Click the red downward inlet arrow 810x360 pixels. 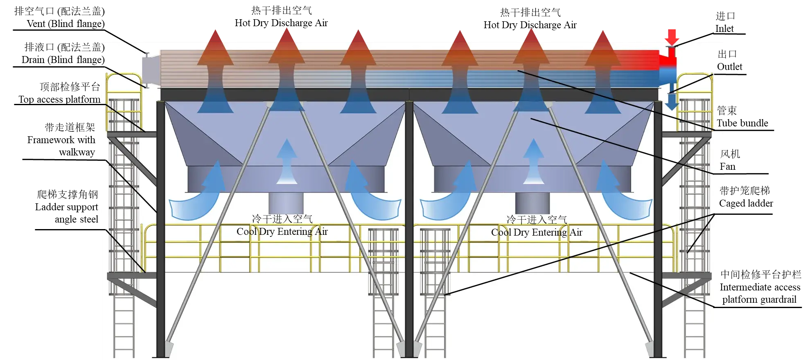(x=672, y=36)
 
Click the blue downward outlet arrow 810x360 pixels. (x=672, y=101)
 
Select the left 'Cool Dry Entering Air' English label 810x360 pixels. (x=282, y=232)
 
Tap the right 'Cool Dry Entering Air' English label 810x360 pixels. (x=537, y=232)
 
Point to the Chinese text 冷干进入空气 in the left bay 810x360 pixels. (x=282, y=219)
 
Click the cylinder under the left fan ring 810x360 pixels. (x=286, y=203)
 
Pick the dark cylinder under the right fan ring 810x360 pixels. (x=532, y=203)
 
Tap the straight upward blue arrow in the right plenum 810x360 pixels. (x=533, y=162)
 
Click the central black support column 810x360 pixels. (x=409, y=229)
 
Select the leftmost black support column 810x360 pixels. (x=161, y=229)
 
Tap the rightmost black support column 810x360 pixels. (x=658, y=229)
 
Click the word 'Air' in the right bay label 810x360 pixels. (x=576, y=232)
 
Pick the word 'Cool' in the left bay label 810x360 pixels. (x=246, y=232)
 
